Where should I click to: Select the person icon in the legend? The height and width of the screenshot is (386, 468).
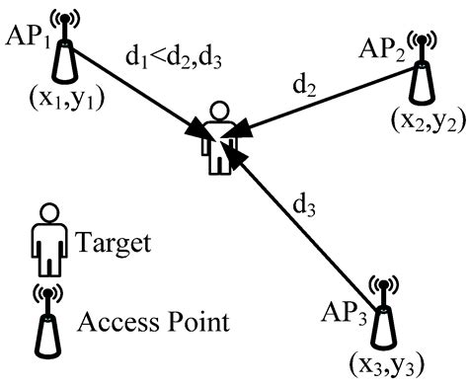(44, 242)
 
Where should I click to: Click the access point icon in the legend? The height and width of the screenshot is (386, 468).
(43, 318)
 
